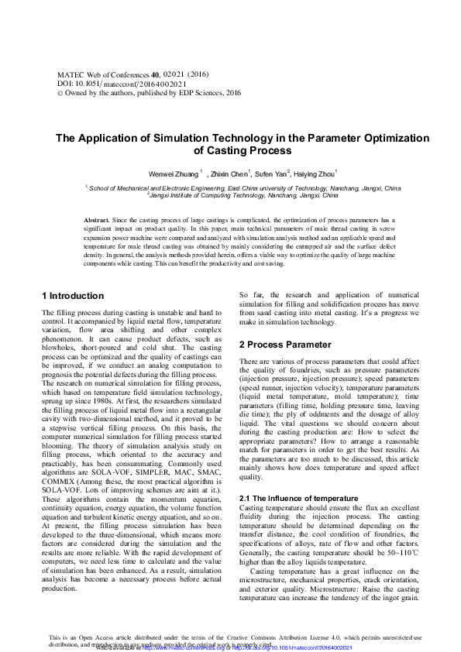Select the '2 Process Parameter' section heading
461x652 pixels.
(x=286, y=344)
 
